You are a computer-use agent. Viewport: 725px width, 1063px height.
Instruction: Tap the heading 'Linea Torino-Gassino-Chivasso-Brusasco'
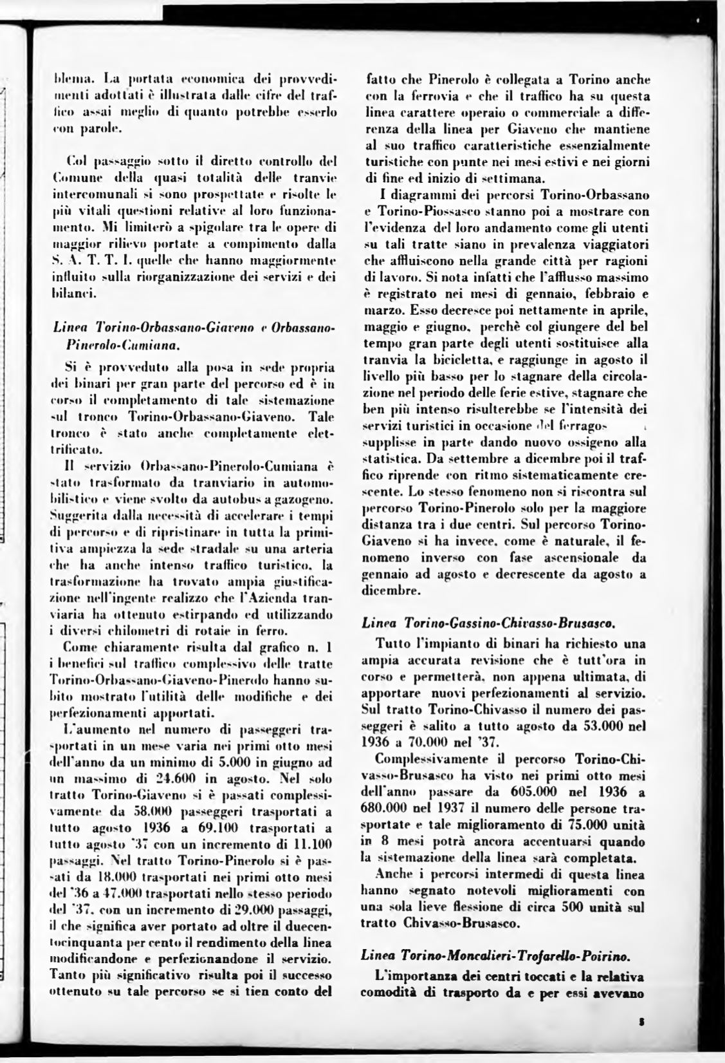(x=488, y=623)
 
